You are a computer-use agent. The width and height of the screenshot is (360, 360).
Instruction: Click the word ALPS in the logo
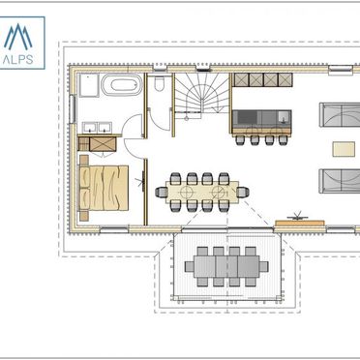[x=18, y=60]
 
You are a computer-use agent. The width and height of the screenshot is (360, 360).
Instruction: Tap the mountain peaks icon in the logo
[x=18, y=37]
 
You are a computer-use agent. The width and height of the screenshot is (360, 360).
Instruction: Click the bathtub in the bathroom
[x=122, y=85]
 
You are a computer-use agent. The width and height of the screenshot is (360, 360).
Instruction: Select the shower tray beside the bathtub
[x=88, y=85]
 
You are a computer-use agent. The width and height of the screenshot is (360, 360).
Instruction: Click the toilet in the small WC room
[x=159, y=84]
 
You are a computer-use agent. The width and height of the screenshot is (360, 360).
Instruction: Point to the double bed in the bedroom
[x=104, y=188]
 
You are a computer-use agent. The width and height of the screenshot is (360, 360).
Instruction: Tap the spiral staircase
[x=202, y=93]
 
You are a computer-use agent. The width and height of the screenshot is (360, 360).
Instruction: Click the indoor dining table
[x=202, y=193]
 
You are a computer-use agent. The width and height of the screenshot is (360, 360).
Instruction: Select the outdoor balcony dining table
[x=226, y=266]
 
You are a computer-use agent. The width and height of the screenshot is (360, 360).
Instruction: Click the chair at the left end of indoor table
[x=162, y=193]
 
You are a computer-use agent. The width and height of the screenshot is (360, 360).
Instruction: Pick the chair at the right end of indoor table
[x=243, y=193]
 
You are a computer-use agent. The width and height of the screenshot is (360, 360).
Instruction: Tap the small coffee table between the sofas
[x=344, y=149]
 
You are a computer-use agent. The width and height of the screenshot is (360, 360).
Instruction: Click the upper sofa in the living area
[x=340, y=115]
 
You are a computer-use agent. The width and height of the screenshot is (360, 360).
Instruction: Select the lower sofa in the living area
[x=340, y=181]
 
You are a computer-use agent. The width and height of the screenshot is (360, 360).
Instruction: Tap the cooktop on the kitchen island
[x=248, y=117]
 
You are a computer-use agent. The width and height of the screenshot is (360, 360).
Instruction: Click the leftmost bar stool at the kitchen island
[x=240, y=139]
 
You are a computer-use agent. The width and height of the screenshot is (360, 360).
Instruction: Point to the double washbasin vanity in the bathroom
[x=97, y=128]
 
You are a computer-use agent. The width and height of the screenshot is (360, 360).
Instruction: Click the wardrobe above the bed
[x=97, y=144]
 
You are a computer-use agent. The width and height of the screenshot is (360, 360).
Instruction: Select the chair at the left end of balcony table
[x=190, y=266]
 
